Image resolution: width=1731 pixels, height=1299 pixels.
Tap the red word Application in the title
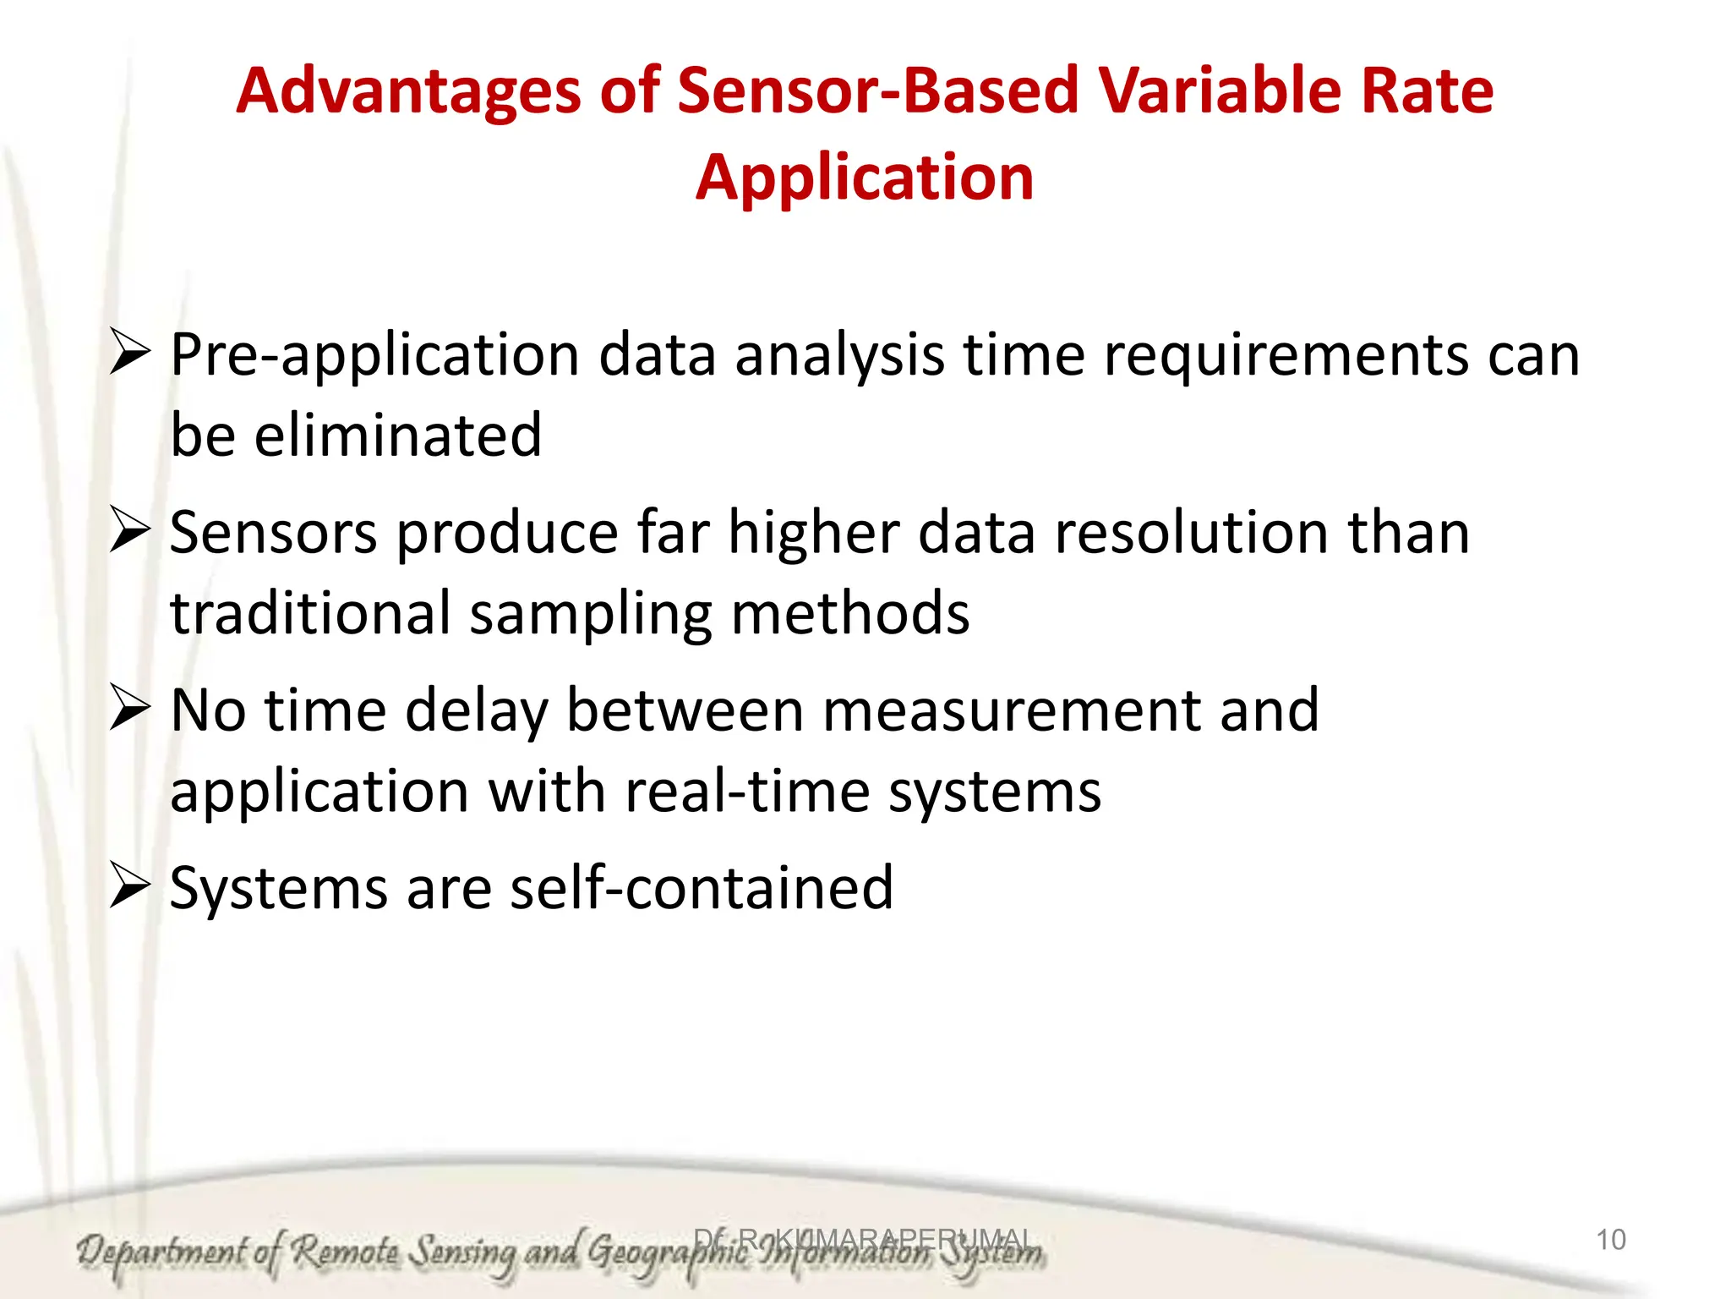[865, 178]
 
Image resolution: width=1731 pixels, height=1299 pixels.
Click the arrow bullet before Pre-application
[129, 354]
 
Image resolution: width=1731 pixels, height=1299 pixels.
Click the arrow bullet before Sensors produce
[129, 532]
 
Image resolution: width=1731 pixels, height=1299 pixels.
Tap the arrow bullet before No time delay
[129, 710]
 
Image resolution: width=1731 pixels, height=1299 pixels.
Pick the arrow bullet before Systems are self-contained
[129, 888]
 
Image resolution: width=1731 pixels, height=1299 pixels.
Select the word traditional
[310, 613]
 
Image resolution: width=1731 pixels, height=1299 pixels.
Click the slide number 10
[1610, 1240]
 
